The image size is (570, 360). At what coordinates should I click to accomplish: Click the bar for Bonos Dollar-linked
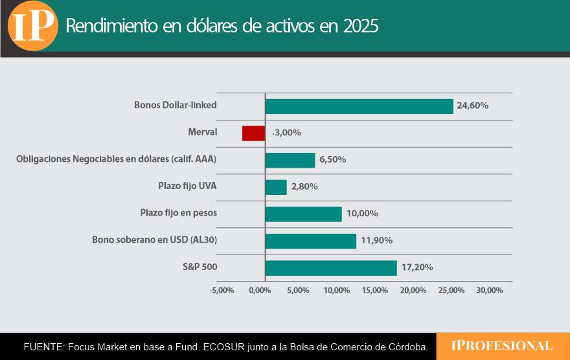[x=359, y=106]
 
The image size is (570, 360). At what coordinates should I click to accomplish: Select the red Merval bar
[x=253, y=133]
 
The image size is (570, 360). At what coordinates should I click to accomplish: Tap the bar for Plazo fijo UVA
[x=276, y=187]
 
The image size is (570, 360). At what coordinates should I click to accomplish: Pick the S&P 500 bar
[x=331, y=267]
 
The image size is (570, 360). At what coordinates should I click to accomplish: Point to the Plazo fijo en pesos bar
[x=303, y=214]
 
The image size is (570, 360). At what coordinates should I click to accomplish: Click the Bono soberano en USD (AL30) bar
[x=311, y=241]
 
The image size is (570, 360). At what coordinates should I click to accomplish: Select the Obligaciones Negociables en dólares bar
[x=290, y=160]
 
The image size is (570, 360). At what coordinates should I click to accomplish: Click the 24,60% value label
[x=472, y=106]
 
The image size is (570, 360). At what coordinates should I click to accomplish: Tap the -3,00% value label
[x=286, y=133]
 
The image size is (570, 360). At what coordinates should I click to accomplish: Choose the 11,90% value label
[x=376, y=241]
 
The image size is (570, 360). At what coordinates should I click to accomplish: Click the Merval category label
[x=201, y=132]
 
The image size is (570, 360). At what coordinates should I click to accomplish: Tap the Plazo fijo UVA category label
[x=187, y=186]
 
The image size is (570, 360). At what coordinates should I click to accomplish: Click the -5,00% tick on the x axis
[x=222, y=290]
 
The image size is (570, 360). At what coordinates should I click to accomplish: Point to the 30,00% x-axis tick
[x=489, y=290]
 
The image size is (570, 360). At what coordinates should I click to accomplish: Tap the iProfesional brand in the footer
[x=502, y=346]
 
